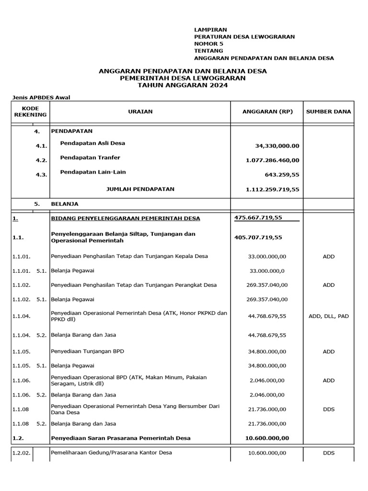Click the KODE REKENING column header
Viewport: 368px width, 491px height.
31,111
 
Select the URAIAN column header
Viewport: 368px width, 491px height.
140,111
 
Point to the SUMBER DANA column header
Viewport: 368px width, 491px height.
328,111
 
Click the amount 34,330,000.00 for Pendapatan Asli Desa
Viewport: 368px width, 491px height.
276,146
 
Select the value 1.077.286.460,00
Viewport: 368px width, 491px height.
272,160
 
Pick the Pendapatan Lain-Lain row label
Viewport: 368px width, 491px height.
93,172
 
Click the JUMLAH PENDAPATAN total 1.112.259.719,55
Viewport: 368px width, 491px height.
272,189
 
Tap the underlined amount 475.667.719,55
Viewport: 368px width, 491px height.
258,218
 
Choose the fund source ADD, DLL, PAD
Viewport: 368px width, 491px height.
328,316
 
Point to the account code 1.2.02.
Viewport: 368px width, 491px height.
21,453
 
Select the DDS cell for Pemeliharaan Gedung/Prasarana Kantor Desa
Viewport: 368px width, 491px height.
328,453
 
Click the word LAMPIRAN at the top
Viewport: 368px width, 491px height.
207,30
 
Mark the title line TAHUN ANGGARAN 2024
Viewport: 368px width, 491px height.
183,85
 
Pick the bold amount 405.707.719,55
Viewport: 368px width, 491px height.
258,237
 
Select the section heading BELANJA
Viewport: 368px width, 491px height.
65,203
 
